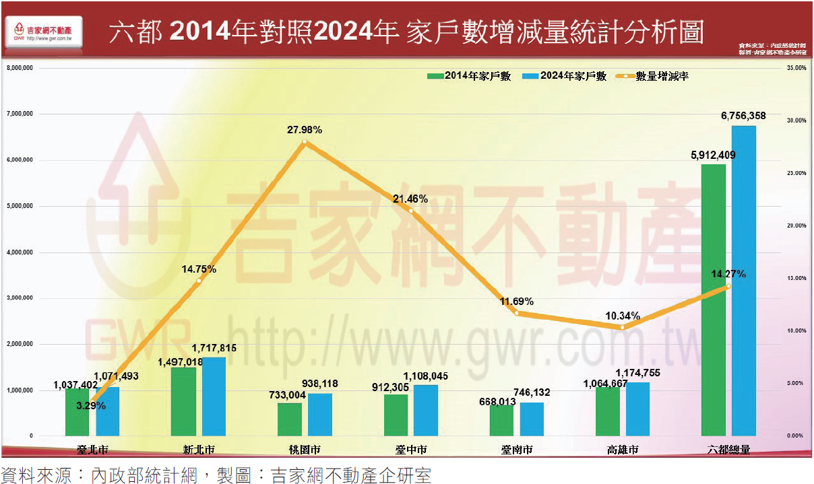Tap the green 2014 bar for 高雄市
608,411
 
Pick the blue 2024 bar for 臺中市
426,410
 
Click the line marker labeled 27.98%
305,142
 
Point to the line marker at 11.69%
517,312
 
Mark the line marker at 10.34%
623,327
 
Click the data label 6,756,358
743,116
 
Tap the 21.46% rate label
410,199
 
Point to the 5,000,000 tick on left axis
20,206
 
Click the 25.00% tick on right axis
796,173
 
